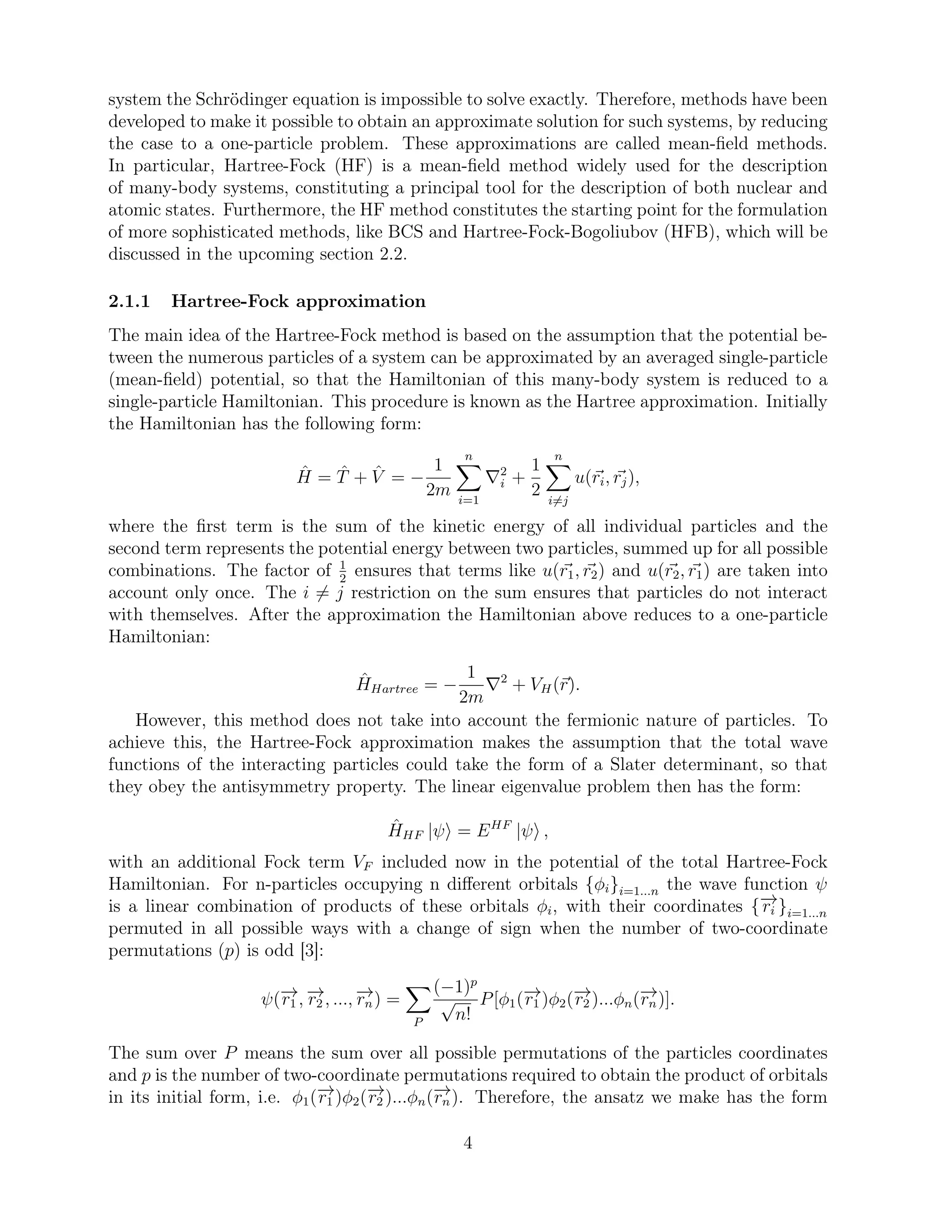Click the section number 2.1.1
129,302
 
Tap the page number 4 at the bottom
468,1142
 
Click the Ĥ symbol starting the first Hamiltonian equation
304,477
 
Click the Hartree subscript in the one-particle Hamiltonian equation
394,690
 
